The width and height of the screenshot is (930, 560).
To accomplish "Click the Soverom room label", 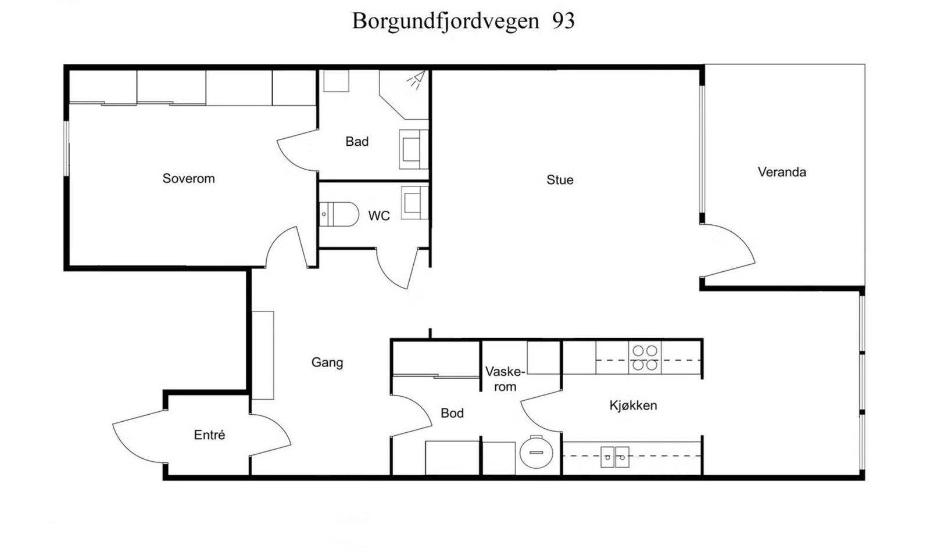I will click(188, 178).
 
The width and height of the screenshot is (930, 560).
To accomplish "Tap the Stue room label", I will click(560, 180).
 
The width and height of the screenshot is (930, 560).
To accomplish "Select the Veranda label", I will click(782, 172).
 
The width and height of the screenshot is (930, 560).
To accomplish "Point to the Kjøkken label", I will click(633, 405).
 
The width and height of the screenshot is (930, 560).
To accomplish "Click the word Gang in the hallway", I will click(327, 362).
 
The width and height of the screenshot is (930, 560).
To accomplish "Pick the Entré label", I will click(209, 435).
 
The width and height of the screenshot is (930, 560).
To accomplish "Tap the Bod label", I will click(452, 413).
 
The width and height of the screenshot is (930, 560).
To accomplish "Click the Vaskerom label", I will click(505, 379).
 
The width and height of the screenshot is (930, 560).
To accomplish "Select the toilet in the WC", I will click(339, 214).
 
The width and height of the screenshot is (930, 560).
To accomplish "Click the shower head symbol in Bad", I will click(416, 80).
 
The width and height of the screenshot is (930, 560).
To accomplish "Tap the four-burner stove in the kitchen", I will click(645, 358).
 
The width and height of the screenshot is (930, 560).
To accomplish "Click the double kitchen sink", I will click(614, 457).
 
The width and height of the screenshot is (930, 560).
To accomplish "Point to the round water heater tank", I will click(535, 451).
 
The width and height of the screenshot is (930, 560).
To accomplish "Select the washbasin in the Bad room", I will click(413, 149).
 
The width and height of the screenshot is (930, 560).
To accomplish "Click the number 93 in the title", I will click(563, 21).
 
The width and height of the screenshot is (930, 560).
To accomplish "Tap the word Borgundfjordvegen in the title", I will click(445, 21).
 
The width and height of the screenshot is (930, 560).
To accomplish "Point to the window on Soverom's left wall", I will click(66, 148).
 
